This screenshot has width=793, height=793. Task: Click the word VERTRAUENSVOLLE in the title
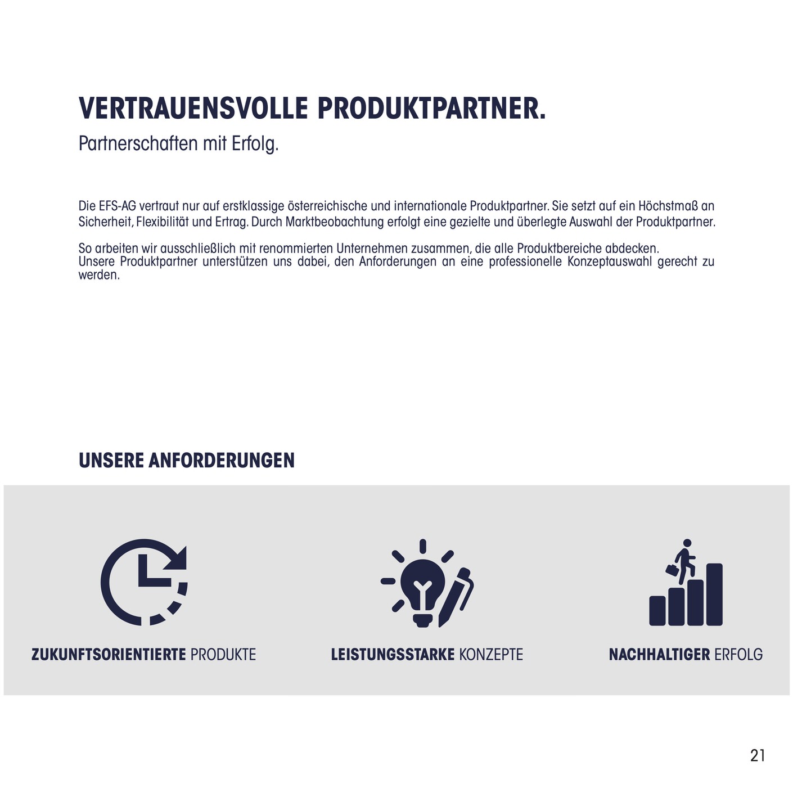pos(193,109)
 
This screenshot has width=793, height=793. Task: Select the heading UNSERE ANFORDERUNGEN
pos(186,460)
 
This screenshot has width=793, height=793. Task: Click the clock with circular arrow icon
pos(144,582)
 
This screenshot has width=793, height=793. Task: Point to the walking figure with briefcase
pos(683,560)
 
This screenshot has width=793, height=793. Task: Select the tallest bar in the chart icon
pos(714,594)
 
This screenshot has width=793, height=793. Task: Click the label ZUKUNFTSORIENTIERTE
pos(109,655)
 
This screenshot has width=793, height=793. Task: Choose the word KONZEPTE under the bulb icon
pos(491,655)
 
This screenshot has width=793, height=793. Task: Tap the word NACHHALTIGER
pos(659,655)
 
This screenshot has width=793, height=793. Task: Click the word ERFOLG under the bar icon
pos(738,655)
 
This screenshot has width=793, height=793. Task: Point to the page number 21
pos(758,755)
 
